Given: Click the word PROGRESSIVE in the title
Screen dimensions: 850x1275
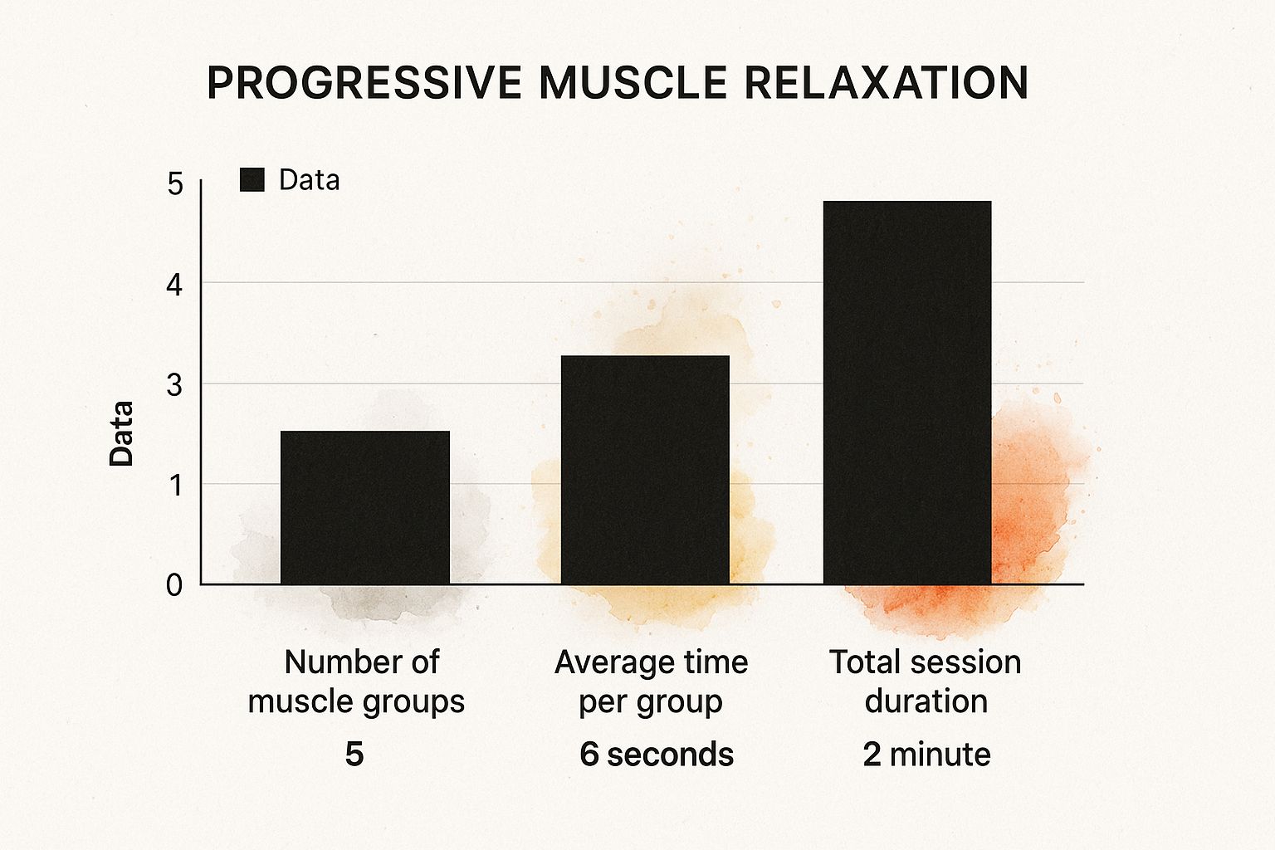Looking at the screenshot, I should click(364, 83).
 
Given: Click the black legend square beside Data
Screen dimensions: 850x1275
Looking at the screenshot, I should click(252, 180).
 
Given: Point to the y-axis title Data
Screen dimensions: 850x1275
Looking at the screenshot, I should click(122, 433).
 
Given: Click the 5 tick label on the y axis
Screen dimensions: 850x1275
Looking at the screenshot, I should click(174, 183).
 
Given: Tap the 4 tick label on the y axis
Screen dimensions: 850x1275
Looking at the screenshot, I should click(174, 285).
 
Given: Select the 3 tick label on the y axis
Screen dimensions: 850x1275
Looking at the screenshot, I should click(174, 385).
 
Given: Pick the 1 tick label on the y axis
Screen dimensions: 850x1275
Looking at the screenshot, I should click(174, 486).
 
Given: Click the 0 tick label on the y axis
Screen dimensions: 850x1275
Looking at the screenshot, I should click(174, 585).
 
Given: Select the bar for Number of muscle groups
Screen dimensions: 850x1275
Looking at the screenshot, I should click(365, 508).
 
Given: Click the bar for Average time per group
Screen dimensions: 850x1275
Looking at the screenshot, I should click(645, 470).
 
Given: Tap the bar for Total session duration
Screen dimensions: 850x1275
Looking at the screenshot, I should click(907, 393).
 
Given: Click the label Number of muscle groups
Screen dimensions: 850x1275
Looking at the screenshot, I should click(357, 681).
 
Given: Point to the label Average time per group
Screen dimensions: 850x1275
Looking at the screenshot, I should click(651, 681).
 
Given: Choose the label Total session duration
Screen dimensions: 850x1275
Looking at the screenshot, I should click(926, 681).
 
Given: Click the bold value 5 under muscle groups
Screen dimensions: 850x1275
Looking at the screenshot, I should click(354, 755).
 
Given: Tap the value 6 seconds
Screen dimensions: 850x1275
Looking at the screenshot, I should click(657, 755).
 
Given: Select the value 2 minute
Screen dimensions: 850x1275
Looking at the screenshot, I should click(926, 755).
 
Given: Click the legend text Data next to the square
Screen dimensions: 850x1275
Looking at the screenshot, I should click(309, 180).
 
